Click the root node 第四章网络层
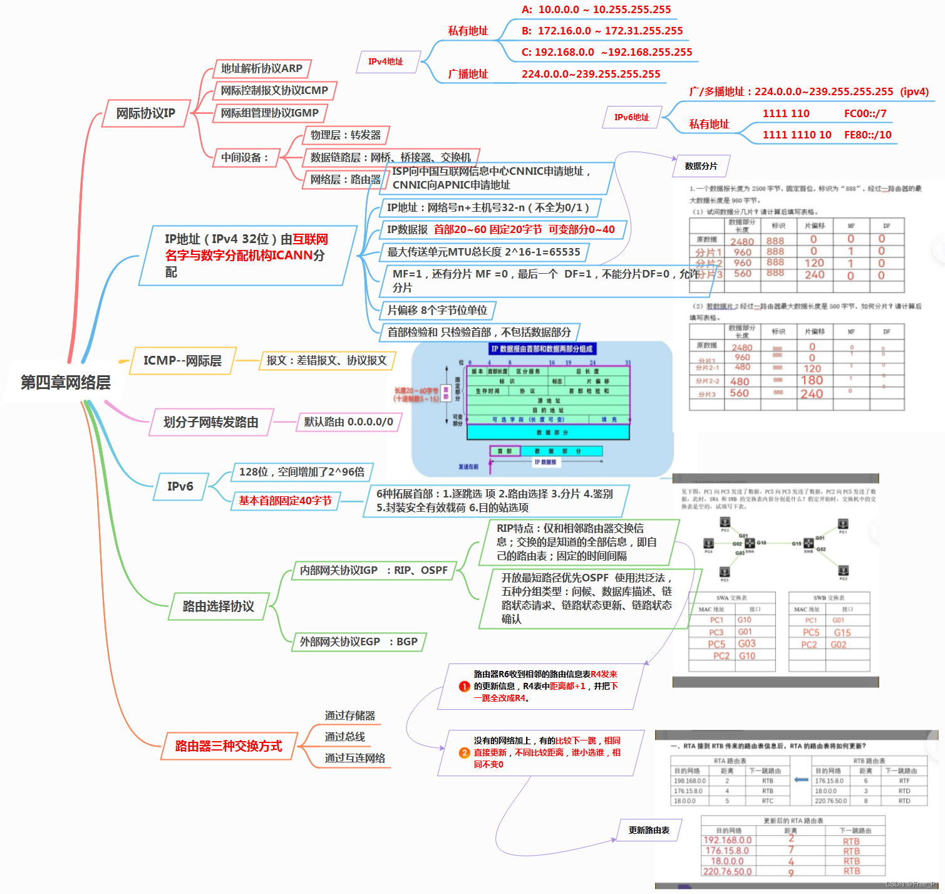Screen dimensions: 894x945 (x=66, y=382)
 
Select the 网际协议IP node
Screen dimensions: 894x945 (x=146, y=113)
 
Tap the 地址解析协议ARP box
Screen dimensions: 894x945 (x=261, y=68)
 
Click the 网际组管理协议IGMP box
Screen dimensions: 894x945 (x=269, y=113)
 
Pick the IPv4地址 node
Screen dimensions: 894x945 (x=386, y=61)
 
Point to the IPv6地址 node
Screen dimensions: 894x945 (x=631, y=117)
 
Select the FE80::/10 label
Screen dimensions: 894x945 (x=867, y=135)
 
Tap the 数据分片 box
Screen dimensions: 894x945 (x=701, y=166)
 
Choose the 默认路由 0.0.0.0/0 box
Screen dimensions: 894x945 (x=348, y=422)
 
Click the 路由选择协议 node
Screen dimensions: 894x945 (x=218, y=606)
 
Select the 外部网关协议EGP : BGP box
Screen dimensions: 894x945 (x=358, y=642)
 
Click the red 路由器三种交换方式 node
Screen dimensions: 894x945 (x=229, y=746)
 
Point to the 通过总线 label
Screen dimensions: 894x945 (x=344, y=737)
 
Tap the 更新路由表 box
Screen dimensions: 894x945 (x=649, y=830)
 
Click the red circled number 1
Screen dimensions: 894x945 (x=464, y=686)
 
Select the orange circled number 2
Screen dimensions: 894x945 (x=464, y=752)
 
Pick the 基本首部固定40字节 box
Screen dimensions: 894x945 (x=285, y=501)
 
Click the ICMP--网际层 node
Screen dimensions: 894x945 (x=182, y=361)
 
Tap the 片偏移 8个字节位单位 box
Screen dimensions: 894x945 (x=437, y=310)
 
